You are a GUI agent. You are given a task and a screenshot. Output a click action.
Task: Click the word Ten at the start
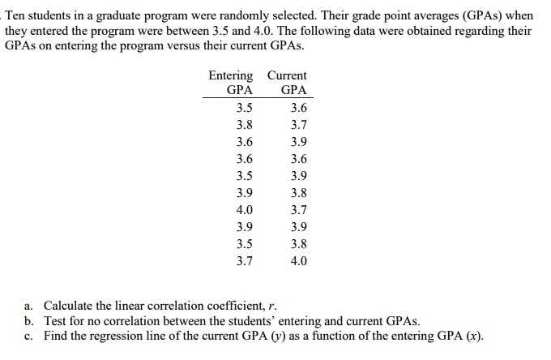16,15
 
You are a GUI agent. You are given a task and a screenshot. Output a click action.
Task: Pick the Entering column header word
231,75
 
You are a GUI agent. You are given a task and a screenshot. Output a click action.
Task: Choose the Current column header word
287,75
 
